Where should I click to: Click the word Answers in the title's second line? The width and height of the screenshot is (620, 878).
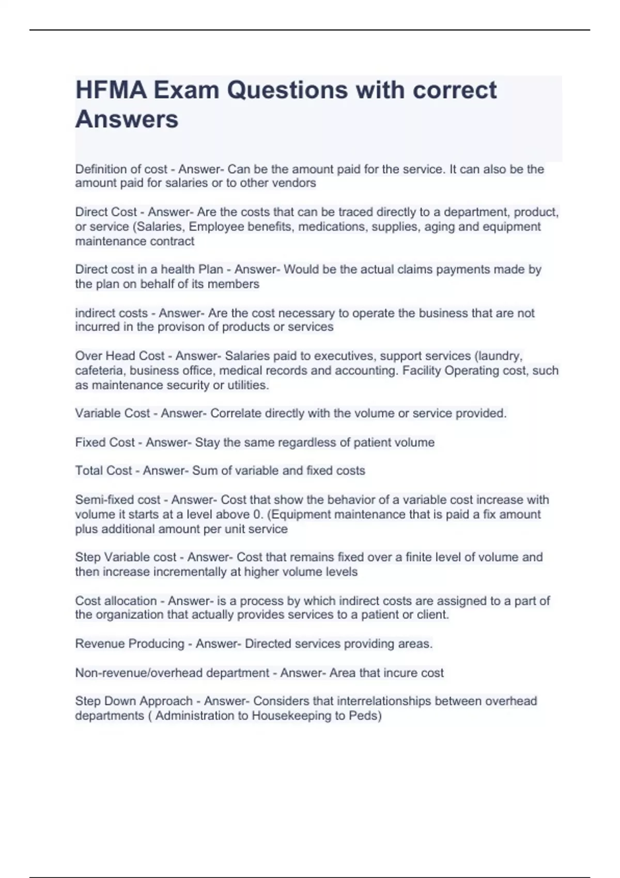click(x=127, y=119)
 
